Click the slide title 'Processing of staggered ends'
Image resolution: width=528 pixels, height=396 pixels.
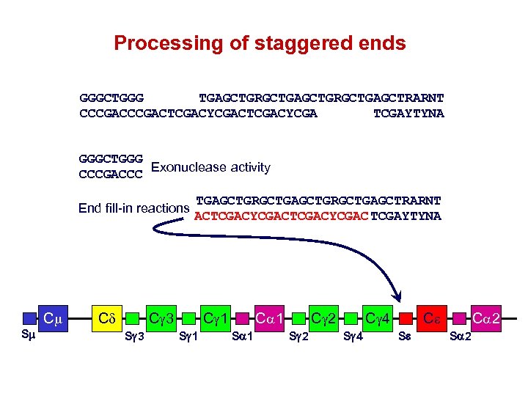tap(260, 43)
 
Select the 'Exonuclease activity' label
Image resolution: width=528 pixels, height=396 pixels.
tap(210, 167)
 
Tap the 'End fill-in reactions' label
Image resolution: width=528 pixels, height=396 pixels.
tap(133, 208)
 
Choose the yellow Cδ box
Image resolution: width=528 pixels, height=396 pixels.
tap(107, 319)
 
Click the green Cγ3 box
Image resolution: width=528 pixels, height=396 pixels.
tap(162, 319)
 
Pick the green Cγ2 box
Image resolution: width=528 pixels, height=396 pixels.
tap(323, 319)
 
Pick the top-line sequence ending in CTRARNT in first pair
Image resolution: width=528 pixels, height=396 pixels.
tap(321, 98)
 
